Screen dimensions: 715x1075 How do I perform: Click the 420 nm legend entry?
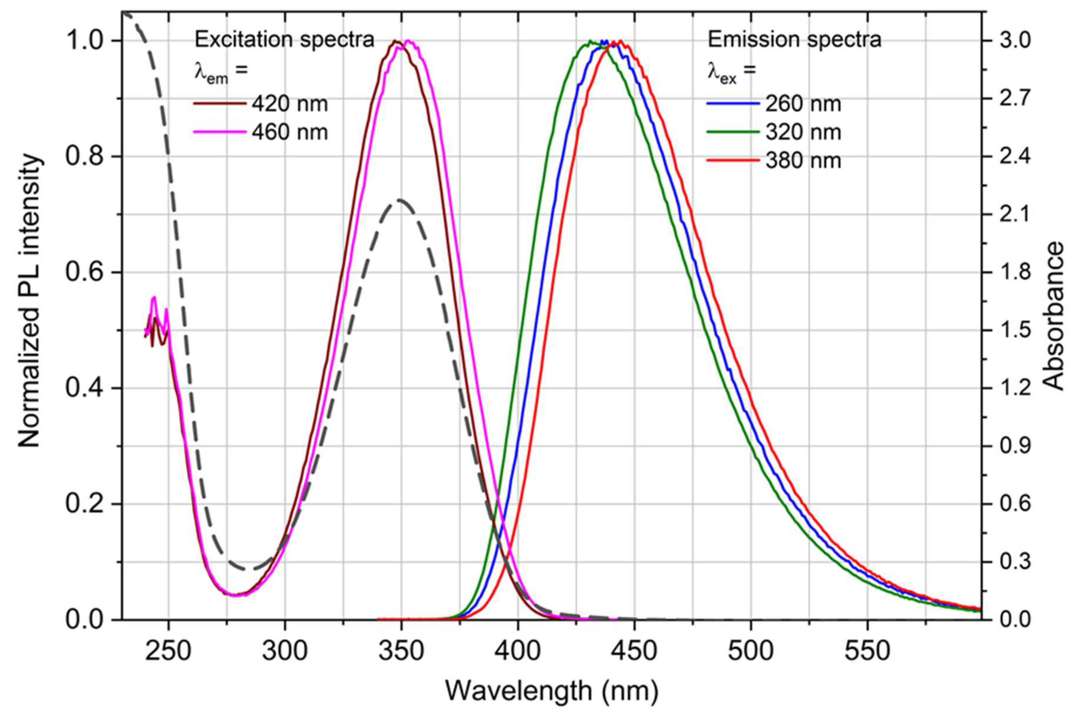click(x=289, y=104)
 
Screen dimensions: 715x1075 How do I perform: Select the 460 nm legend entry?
click(x=289, y=132)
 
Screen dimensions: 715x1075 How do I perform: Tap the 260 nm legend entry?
click(x=803, y=104)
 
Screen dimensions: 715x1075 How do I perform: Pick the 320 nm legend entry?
click(x=803, y=132)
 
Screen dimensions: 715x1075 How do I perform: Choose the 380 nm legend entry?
click(x=803, y=161)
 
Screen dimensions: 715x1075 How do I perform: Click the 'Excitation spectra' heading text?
click(x=284, y=40)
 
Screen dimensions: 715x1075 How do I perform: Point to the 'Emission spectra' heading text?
click(x=794, y=40)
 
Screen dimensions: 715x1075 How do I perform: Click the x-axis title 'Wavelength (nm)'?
click(x=551, y=691)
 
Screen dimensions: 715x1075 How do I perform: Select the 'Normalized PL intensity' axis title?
click(x=30, y=301)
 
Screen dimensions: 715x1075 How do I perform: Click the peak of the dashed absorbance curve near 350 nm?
click(x=399, y=200)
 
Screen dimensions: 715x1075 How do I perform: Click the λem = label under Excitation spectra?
click(x=221, y=72)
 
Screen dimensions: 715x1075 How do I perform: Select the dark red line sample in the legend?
click(x=220, y=104)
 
